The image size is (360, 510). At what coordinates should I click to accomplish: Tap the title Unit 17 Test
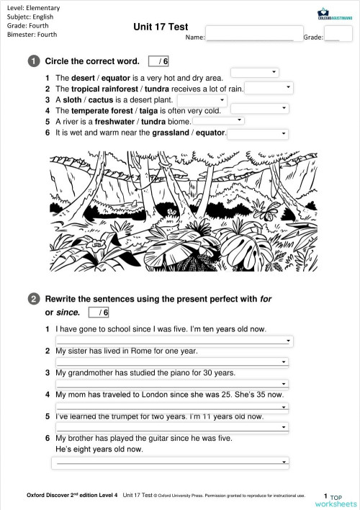[161, 27]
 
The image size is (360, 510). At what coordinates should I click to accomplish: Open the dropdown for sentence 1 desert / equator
[254, 72]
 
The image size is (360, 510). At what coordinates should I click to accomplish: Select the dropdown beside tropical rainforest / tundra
[269, 87]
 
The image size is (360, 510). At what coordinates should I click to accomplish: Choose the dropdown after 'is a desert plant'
[202, 99]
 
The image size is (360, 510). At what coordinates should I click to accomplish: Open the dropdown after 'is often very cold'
[259, 109]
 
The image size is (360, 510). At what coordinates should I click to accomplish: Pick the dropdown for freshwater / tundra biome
[218, 121]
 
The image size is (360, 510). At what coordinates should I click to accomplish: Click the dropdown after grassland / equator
[258, 133]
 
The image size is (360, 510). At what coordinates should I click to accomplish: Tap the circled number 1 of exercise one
[34, 61]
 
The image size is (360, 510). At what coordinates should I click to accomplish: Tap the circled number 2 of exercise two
[34, 297]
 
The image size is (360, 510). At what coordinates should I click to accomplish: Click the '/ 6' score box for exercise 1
[158, 61]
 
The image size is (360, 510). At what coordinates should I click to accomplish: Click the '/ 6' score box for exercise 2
[99, 313]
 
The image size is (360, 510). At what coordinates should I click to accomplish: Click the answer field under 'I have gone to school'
[173, 341]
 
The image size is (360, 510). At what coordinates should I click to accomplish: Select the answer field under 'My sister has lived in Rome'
[173, 362]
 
